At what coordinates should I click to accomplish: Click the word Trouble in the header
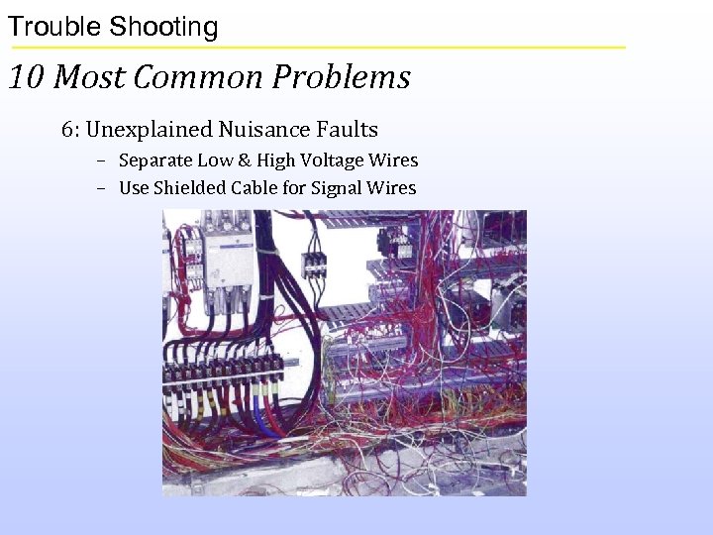53,27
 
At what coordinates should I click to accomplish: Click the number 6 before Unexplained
67,130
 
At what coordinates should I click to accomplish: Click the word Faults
348,130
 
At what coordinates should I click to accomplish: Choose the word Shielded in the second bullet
189,188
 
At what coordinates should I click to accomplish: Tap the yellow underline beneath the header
317,47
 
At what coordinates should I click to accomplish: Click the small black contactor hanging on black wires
315,264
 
